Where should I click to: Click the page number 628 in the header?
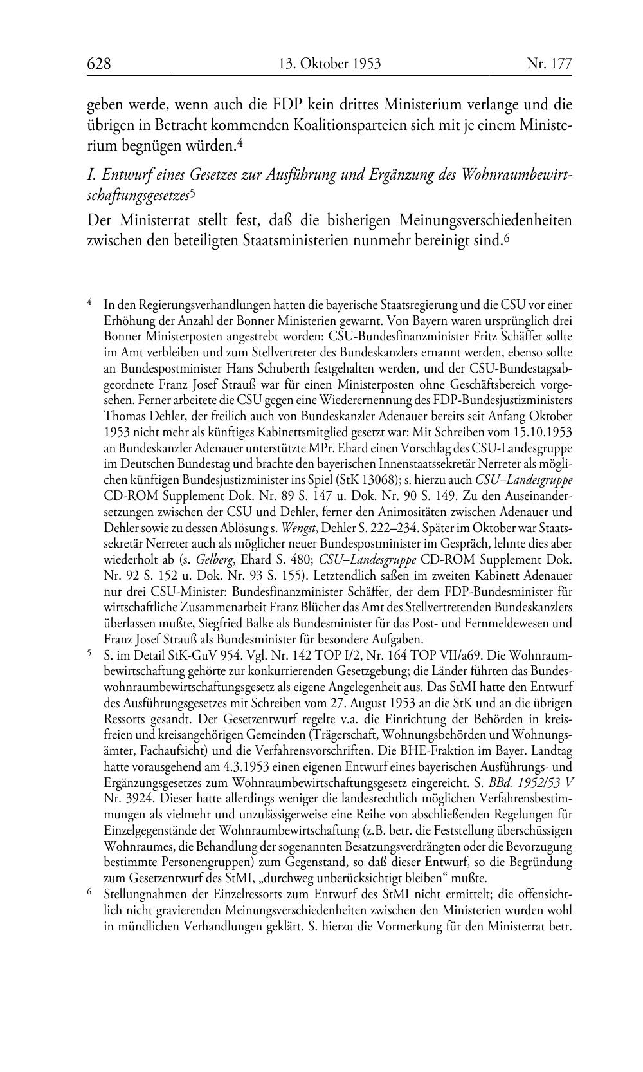click(99, 64)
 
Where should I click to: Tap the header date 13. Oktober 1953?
click(330, 64)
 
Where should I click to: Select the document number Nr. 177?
click(549, 64)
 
